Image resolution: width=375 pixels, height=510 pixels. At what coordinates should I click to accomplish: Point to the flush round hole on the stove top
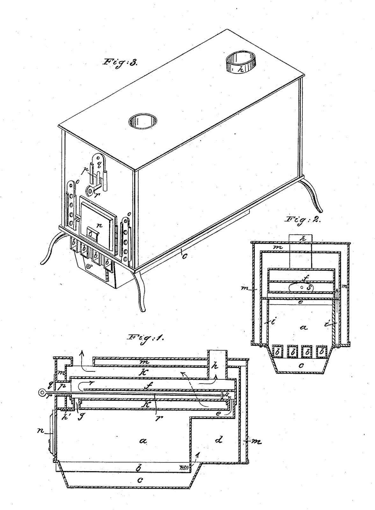click(143, 121)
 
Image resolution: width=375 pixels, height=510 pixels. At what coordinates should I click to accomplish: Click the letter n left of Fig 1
click(41, 432)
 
